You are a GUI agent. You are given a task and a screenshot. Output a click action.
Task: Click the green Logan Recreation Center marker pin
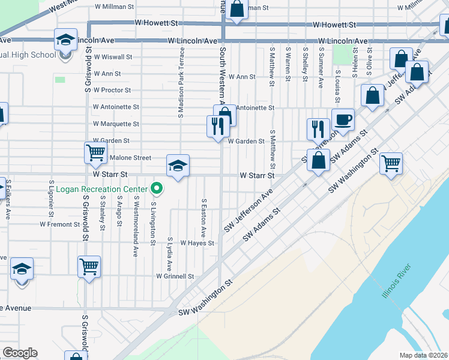tap(157, 189)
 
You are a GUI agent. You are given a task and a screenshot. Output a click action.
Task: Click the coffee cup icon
tap(343, 119)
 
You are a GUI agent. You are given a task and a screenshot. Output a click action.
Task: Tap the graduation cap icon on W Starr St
tap(178, 165)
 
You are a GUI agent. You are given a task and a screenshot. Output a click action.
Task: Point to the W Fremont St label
tap(60, 224)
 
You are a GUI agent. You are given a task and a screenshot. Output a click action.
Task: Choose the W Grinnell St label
tap(175, 277)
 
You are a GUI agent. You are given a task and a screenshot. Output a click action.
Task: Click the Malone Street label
tap(130, 158)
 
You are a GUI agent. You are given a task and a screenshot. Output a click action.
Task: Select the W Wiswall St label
tap(112, 57)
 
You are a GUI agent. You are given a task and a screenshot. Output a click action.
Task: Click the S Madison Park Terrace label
tap(181, 83)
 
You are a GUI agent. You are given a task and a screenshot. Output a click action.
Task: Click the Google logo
tap(20, 353)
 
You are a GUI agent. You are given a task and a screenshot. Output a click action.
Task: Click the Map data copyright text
tap(424, 355)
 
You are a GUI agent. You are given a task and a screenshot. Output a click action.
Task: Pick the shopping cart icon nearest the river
tap(391, 162)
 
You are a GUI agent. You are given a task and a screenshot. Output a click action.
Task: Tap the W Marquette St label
tap(116, 124)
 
